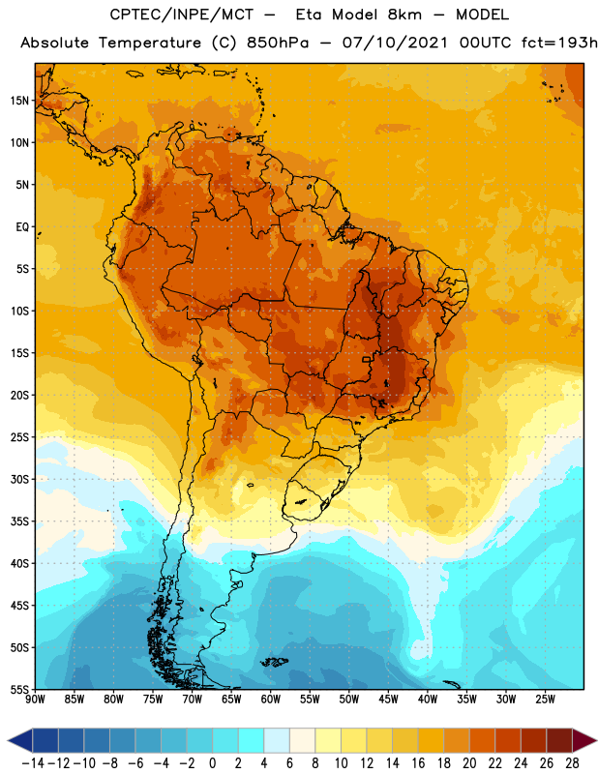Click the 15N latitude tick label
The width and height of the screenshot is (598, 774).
(x=19, y=101)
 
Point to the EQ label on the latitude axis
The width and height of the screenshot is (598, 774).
(x=22, y=227)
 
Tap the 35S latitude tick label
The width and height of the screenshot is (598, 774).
(x=19, y=521)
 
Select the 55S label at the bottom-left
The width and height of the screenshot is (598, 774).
(x=19, y=690)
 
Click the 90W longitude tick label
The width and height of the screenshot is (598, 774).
(x=35, y=700)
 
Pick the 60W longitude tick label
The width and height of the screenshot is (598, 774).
(x=271, y=700)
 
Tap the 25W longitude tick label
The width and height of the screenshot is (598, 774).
(x=545, y=700)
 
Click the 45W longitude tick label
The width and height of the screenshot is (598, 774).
(x=388, y=700)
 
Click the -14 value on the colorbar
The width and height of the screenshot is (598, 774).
(x=33, y=763)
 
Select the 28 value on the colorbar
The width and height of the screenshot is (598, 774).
(x=572, y=763)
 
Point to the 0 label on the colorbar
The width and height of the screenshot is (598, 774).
(x=212, y=763)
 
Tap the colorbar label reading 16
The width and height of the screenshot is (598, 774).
(x=418, y=763)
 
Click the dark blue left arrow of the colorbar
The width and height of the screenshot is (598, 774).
(x=20, y=740)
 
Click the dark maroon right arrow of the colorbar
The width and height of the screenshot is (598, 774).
(x=584, y=740)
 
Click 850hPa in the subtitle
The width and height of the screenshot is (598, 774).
(x=278, y=43)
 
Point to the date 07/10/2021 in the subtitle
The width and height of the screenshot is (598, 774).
(x=395, y=43)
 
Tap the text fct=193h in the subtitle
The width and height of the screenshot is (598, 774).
(x=559, y=43)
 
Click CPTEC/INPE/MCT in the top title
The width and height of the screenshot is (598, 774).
(x=182, y=15)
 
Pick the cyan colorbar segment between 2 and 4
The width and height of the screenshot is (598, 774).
(x=251, y=740)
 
